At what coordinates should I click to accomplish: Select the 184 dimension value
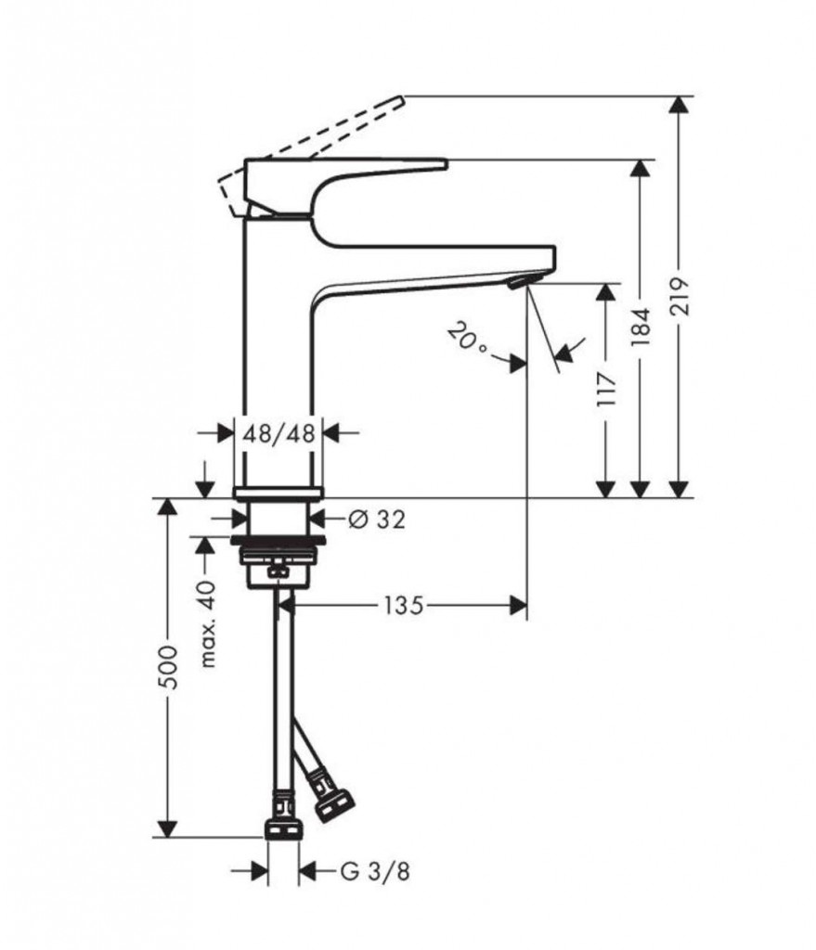pos(641,327)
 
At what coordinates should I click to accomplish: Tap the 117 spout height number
pos(606,390)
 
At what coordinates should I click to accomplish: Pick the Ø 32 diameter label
pos(377,519)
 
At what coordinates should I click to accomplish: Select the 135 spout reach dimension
pos(403,605)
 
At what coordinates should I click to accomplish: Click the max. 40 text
pos(208,623)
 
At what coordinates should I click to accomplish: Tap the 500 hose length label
pos(171,667)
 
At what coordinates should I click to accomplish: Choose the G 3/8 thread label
pos(375,872)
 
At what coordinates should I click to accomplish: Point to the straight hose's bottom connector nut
pos(283,830)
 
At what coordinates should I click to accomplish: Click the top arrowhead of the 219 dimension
pos(680,105)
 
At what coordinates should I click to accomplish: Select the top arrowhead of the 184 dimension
pos(641,169)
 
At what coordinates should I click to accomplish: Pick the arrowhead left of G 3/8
pos(259,872)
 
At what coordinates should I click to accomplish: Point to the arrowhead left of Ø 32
pos(240,519)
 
